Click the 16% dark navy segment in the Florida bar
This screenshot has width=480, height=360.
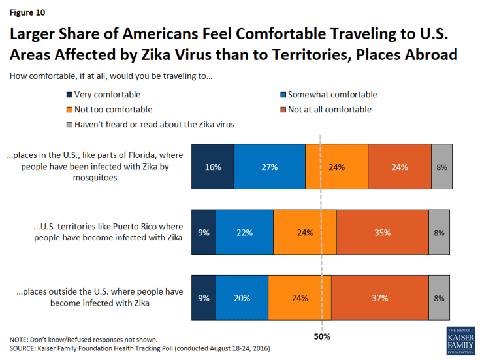pyautogui.click(x=212, y=167)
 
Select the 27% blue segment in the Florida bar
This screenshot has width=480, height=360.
pyautogui.click(x=269, y=167)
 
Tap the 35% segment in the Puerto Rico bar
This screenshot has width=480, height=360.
pyautogui.click(x=382, y=232)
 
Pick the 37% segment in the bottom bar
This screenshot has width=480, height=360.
pyautogui.click(x=379, y=298)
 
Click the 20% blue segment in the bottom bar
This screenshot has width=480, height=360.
pyautogui.click(x=242, y=298)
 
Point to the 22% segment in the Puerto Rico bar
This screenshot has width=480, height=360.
pyautogui.click(x=244, y=232)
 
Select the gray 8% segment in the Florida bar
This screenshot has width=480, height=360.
pyautogui.click(x=441, y=167)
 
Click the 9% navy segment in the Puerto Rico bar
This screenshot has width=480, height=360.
pyautogui.click(x=203, y=232)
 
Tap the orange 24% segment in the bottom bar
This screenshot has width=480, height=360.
pyautogui.click(x=299, y=298)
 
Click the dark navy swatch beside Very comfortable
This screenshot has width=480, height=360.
pyautogui.click(x=69, y=95)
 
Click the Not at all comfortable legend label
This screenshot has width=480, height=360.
pyautogui.click(x=330, y=110)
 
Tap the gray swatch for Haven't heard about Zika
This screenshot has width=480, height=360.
pyautogui.click(x=69, y=125)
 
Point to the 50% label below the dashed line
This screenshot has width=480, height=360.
pyautogui.click(x=322, y=337)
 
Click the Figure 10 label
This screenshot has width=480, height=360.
pyautogui.click(x=27, y=11)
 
